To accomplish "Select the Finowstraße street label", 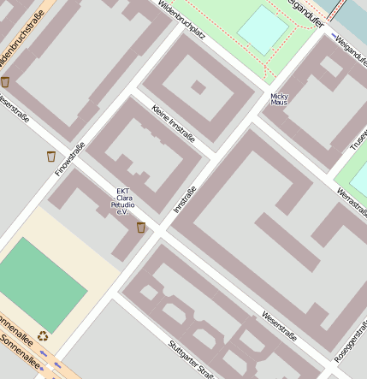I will point(70,159).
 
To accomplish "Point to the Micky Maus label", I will point(279,99).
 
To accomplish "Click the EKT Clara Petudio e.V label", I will point(122,201).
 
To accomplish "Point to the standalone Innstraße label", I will point(185,198).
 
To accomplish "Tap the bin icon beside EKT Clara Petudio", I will point(141,227).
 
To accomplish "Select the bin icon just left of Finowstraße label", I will point(51,156).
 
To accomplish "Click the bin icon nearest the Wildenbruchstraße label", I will point(5,82).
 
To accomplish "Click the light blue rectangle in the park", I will point(263,29).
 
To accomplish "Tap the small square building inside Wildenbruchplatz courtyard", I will point(198,86).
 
